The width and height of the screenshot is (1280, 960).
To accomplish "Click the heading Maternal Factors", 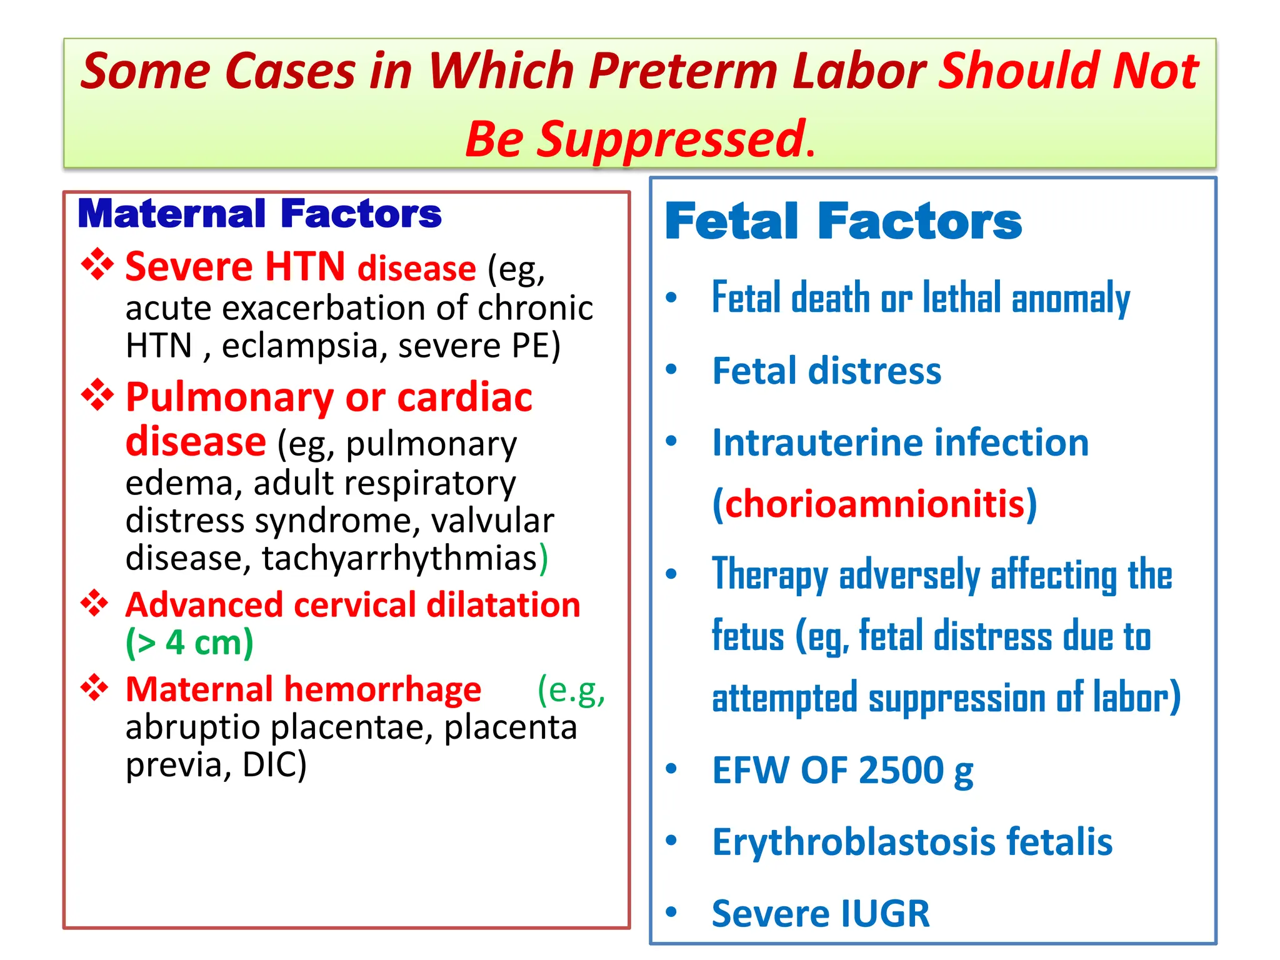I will pos(259,214).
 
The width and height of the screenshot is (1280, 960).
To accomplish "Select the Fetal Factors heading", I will pos(843,221).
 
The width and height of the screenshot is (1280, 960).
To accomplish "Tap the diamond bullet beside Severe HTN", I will pos(97,264).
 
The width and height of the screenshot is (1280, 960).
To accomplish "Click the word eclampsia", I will pos(299,346).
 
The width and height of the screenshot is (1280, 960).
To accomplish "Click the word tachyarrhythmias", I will pos(400,558).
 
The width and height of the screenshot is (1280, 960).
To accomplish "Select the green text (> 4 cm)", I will pos(189,642).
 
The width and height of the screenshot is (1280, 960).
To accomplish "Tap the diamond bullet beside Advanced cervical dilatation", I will pos(95,603).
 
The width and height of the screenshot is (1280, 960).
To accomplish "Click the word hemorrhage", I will pos(382,689).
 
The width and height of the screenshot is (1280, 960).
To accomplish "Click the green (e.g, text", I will pos(571,689).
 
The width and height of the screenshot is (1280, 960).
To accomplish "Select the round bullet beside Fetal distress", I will pos(671,369).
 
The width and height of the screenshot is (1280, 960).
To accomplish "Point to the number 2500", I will pos(901,770).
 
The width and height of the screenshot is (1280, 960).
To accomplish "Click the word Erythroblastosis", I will pos(853,842).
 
